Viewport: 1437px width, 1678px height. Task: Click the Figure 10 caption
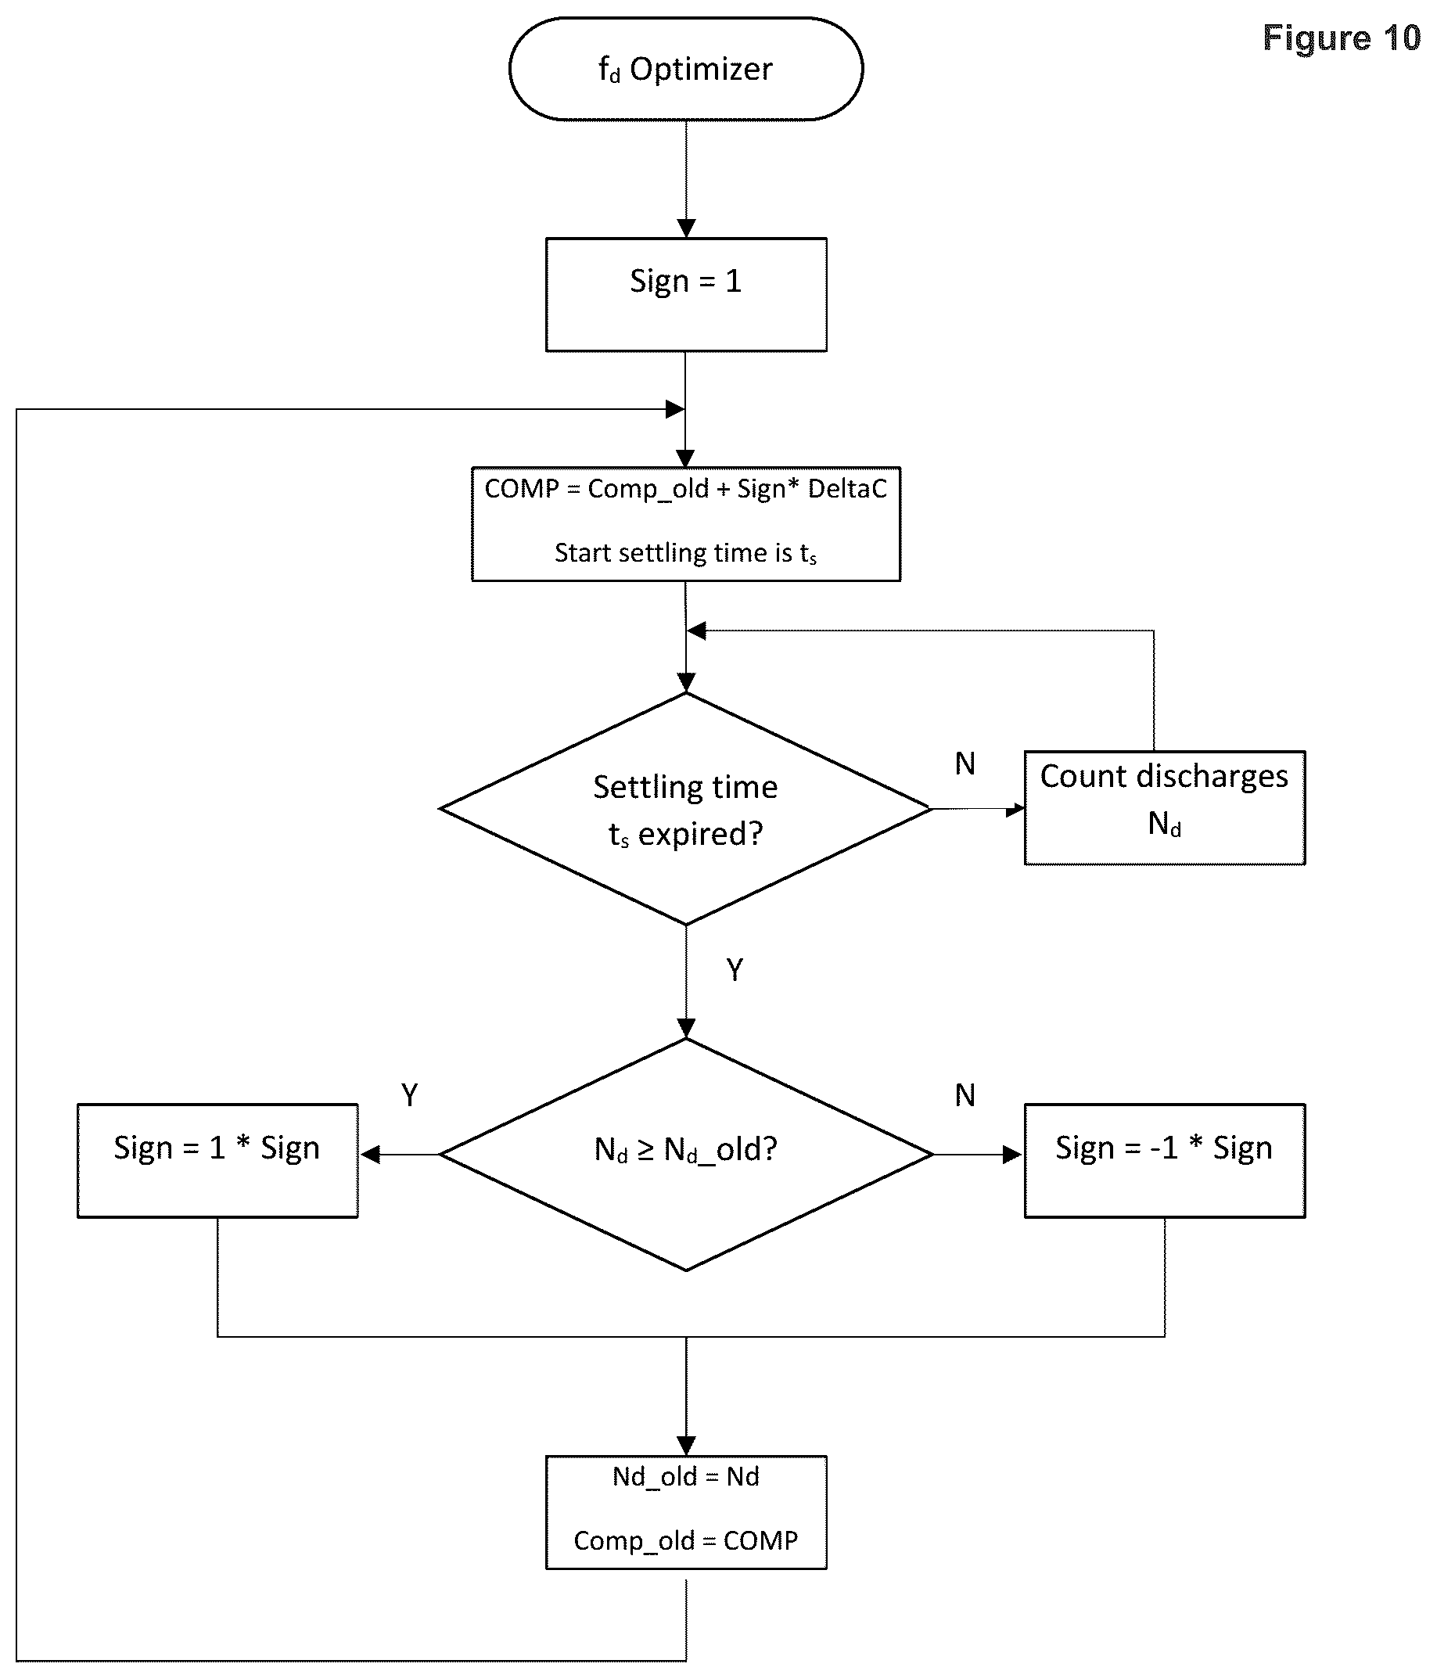pyautogui.click(x=1342, y=38)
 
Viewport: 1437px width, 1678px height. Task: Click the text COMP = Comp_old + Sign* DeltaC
pyautogui.click(x=686, y=488)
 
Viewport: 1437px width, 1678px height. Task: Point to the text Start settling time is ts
pyautogui.click(x=686, y=553)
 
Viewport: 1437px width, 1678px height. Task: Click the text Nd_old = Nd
pyautogui.click(x=686, y=1476)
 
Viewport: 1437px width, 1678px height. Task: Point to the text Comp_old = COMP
pyautogui.click(x=686, y=1540)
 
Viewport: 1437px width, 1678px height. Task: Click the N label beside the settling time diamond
pyautogui.click(x=965, y=764)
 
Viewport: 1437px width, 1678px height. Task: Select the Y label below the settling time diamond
pyautogui.click(x=735, y=969)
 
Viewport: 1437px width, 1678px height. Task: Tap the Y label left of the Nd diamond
pyautogui.click(x=410, y=1096)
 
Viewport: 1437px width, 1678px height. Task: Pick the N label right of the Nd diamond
pyautogui.click(x=965, y=1096)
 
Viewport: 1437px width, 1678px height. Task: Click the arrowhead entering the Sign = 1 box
pyautogui.click(x=686, y=228)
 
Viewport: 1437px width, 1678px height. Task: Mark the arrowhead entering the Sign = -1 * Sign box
pyautogui.click(x=1013, y=1155)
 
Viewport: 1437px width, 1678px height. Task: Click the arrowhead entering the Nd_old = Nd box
pyautogui.click(x=686, y=1446)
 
